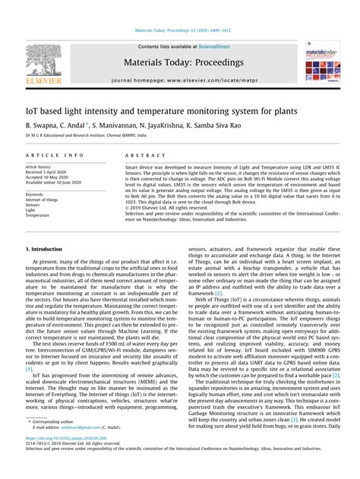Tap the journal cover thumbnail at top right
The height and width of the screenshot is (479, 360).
[x=323, y=65]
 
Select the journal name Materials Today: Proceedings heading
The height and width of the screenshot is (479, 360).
[x=180, y=62]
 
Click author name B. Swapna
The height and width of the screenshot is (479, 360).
[x=43, y=123]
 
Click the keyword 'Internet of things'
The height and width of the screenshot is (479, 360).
[x=43, y=199]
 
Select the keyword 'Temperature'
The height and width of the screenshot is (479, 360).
[x=39, y=215]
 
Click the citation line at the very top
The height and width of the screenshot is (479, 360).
[x=180, y=32]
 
